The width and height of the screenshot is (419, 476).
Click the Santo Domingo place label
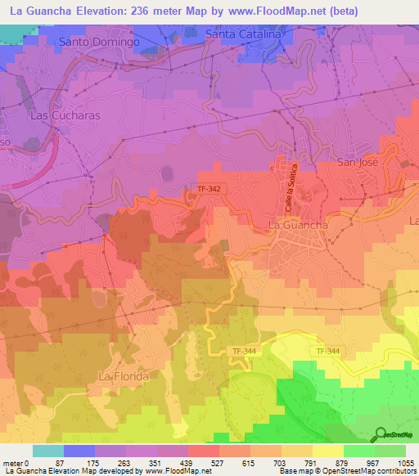click(x=99, y=40)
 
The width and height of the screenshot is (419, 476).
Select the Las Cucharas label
click(x=65, y=115)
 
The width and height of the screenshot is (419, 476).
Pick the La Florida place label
click(x=123, y=375)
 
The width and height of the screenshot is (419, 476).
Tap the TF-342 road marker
click(x=209, y=189)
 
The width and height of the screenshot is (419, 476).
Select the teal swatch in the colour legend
click(x=48, y=451)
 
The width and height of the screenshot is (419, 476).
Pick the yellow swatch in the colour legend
click(x=327, y=451)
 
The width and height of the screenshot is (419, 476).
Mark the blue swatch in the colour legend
click(x=79, y=451)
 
